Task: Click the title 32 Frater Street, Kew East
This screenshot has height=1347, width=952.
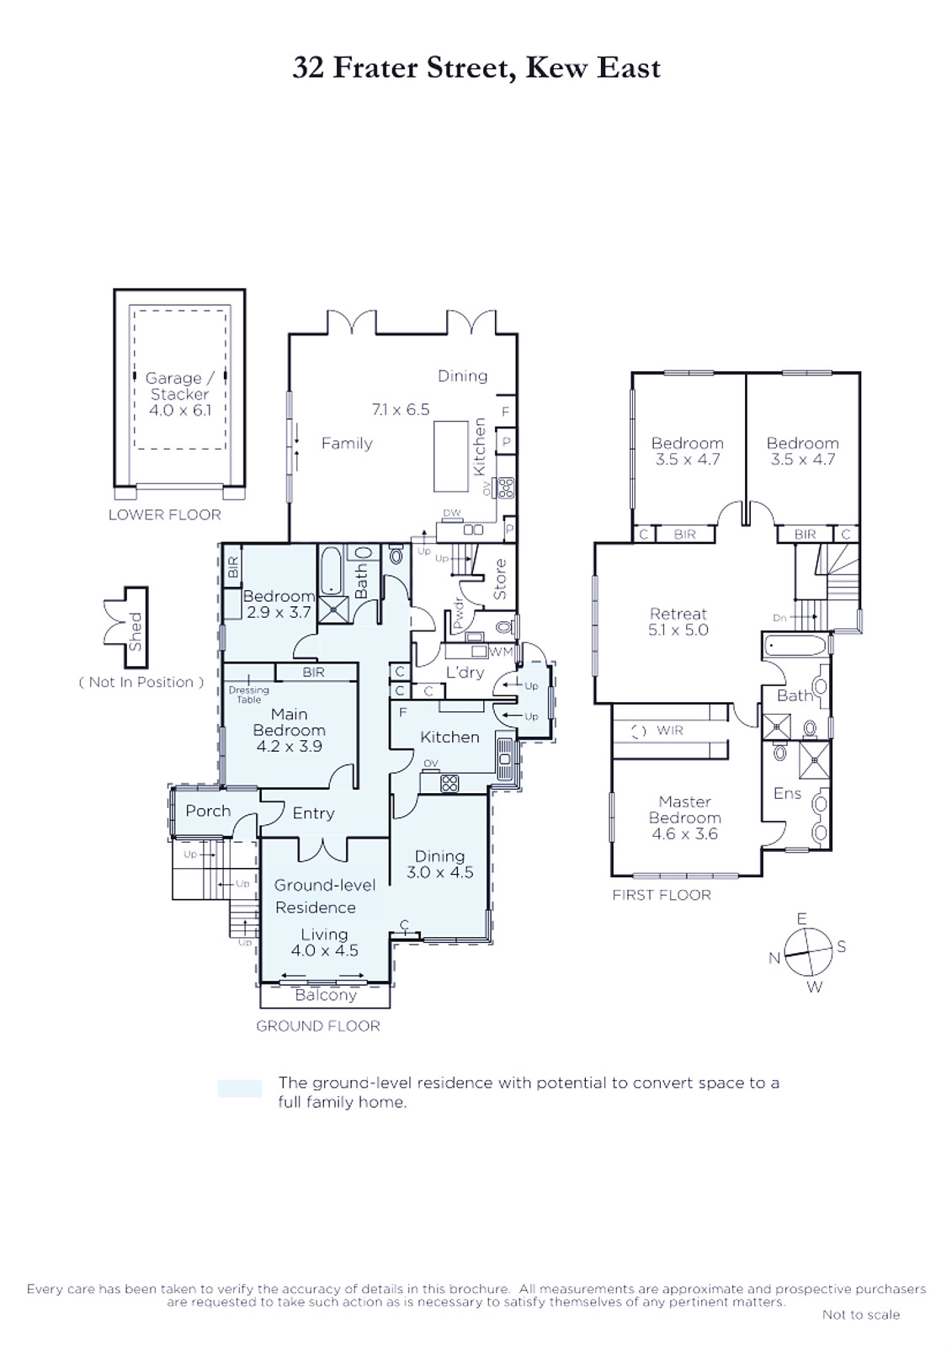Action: coord(476,68)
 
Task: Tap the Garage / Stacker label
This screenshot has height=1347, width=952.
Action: coord(179,386)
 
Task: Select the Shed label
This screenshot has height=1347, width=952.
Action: coord(136,631)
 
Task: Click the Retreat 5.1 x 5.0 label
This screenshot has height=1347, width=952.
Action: coord(678,622)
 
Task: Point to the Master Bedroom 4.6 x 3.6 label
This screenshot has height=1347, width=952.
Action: coord(684,817)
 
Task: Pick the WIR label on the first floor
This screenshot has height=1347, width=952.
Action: coord(670,730)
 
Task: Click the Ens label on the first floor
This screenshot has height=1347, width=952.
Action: coord(787,793)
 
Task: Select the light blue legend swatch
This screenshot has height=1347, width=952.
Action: coord(239,1089)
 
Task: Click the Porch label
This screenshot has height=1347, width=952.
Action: coord(208,812)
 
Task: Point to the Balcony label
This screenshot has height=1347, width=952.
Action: coord(326,994)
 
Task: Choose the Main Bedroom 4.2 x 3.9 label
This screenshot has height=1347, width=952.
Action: coord(290,730)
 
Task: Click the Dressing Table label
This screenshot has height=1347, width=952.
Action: coord(248,695)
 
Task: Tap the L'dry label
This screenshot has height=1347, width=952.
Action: coord(465,673)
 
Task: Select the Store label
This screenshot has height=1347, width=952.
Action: coord(500,579)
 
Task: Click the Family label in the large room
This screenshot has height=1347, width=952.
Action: coord(347,443)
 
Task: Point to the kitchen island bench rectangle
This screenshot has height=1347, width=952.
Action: coord(451,455)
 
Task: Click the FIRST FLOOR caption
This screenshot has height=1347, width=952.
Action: coord(662,895)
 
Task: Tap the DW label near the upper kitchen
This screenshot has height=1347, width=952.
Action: coord(452,513)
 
